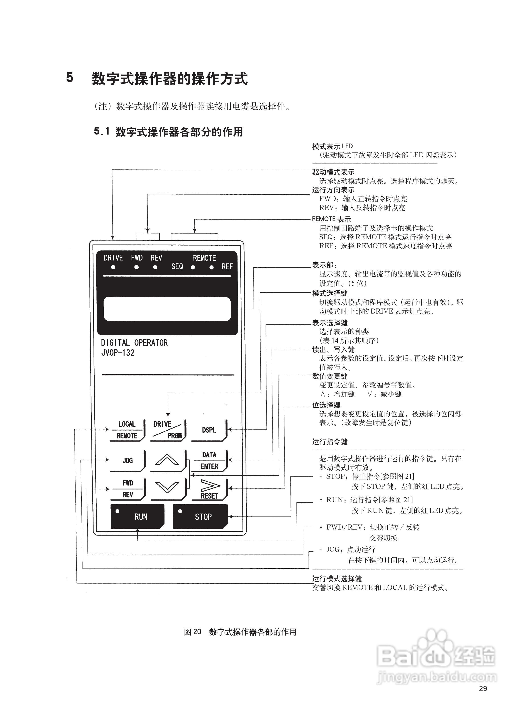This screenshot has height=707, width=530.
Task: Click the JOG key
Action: (x=127, y=460)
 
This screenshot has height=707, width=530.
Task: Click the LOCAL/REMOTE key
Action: (x=127, y=430)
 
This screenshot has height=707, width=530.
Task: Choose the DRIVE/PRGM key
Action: (x=168, y=430)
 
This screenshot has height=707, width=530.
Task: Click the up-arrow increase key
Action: (x=167, y=460)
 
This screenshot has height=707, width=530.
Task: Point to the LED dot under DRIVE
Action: (x=113, y=267)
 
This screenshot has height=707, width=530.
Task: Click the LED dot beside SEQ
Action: (x=193, y=267)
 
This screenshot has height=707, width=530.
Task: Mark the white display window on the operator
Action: (x=167, y=309)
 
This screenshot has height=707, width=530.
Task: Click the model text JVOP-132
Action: (x=118, y=353)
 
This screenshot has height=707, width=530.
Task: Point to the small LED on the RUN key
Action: (x=117, y=511)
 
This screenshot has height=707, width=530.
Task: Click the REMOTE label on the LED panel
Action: (x=205, y=258)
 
